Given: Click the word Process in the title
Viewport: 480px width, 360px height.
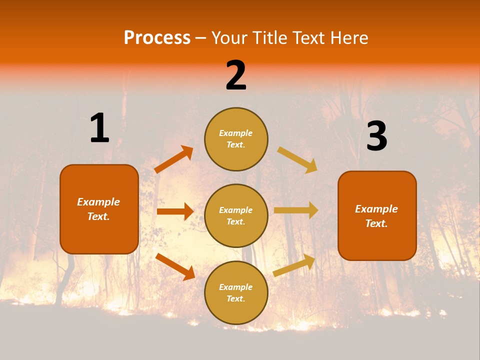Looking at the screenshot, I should pyautogui.click(x=157, y=38).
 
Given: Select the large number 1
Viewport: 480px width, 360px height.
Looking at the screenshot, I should pyautogui.click(x=99, y=128).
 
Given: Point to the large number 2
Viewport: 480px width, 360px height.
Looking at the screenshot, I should pyautogui.click(x=236, y=75).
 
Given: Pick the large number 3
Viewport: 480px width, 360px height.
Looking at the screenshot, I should pyautogui.click(x=376, y=136).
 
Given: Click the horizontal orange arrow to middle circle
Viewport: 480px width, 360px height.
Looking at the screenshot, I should pyautogui.click(x=175, y=211).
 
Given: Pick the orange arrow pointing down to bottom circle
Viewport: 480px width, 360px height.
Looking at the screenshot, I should pyautogui.click(x=175, y=266).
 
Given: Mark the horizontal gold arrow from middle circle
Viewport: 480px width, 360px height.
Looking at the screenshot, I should pyautogui.click(x=296, y=210).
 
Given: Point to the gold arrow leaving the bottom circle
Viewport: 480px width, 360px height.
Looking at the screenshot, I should pyautogui.click(x=294, y=265).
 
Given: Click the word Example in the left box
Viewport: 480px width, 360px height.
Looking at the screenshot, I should pyautogui.click(x=98, y=202).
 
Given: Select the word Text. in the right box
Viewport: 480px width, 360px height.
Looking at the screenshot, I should pyautogui.click(x=376, y=223).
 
